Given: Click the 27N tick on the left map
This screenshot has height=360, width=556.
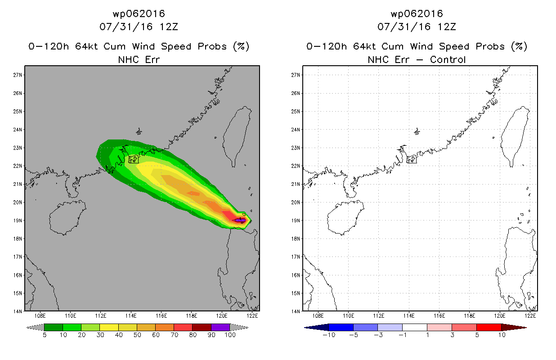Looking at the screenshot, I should point(18,75).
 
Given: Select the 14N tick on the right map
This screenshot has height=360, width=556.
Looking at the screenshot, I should point(296,311).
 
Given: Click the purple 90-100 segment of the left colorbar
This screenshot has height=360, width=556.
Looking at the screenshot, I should point(220,327).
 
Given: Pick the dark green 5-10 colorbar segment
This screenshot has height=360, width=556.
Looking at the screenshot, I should point(54,327).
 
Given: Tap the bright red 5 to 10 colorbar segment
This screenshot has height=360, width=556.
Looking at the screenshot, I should point(489,327).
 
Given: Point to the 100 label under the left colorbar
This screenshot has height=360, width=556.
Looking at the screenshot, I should point(230,335).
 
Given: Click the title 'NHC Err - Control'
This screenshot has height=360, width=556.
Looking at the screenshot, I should point(417,59).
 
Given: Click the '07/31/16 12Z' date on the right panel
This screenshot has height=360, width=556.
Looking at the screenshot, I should point(417,27).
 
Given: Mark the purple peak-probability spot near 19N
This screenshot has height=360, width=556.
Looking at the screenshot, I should point(240,220).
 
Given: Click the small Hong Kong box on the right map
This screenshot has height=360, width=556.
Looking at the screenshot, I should point(411,159).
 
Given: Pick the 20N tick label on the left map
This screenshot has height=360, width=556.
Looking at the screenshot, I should point(18,202).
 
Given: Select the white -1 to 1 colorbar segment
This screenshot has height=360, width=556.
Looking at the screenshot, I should point(414,327).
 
